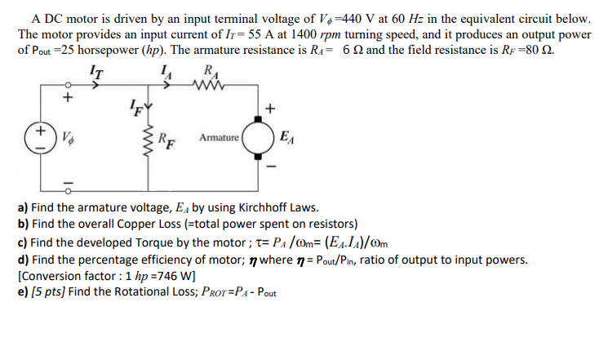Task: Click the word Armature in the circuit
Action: click(x=217, y=137)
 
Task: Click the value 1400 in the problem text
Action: click(x=337, y=34)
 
